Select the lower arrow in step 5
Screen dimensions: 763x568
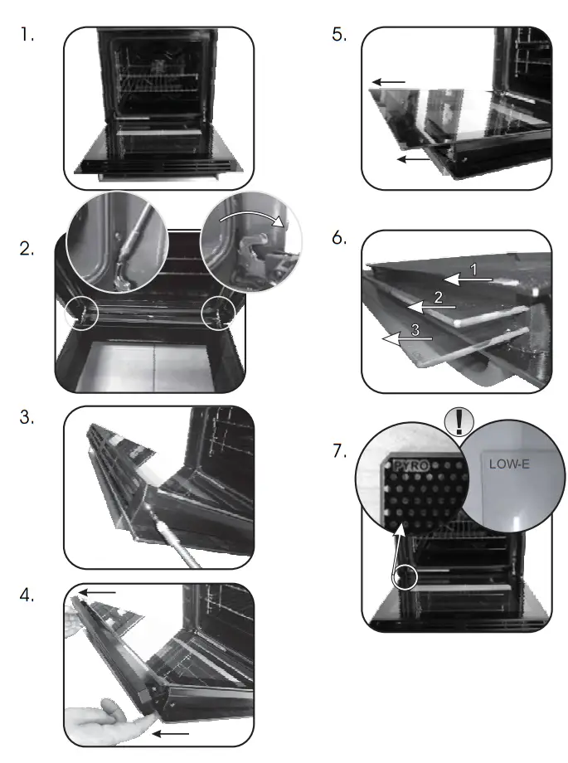pos(413,158)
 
